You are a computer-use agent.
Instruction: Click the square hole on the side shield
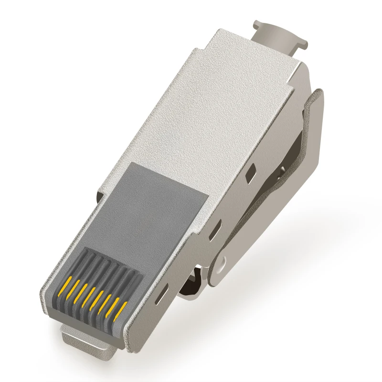pos(249,176)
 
